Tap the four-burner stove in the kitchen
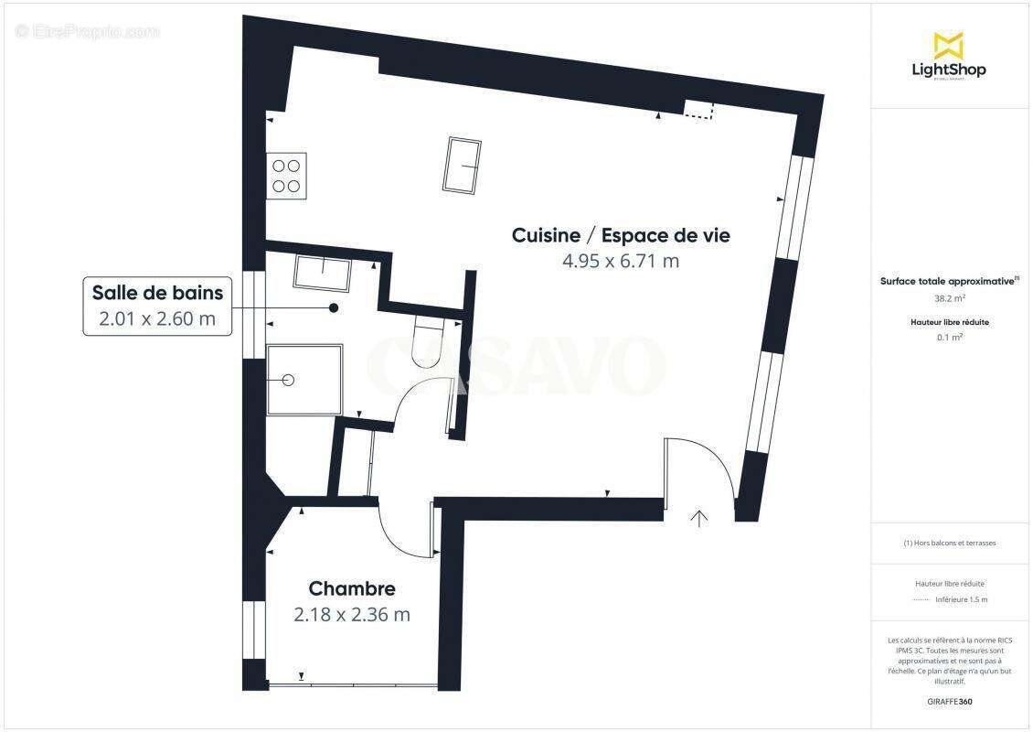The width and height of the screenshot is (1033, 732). pyautogui.click(x=286, y=176)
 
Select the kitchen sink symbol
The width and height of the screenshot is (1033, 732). pyautogui.click(x=463, y=166)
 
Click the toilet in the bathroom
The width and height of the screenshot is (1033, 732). pyautogui.click(x=427, y=340)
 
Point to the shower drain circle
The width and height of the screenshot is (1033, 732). pyautogui.click(x=289, y=380)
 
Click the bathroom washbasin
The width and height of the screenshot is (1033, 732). pyautogui.click(x=322, y=274)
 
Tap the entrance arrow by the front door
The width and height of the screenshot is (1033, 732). pyautogui.click(x=699, y=519)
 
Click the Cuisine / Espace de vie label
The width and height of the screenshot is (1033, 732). pyautogui.click(x=621, y=235)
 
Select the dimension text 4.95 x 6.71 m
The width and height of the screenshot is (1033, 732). pyautogui.click(x=621, y=261)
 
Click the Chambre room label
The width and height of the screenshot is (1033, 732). pyautogui.click(x=352, y=588)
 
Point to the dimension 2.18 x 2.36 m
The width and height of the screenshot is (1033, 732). pyautogui.click(x=352, y=615)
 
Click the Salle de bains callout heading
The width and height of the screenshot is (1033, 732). pyautogui.click(x=157, y=293)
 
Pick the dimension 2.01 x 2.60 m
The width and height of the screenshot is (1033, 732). pyautogui.click(x=157, y=318)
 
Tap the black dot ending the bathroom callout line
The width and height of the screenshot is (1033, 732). pyautogui.click(x=335, y=308)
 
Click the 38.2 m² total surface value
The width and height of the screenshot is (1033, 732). pyautogui.click(x=948, y=298)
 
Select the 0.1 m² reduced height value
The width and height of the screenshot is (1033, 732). pyautogui.click(x=949, y=337)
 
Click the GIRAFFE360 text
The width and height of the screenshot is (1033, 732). pyautogui.click(x=949, y=702)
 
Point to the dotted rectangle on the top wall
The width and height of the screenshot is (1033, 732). pyautogui.click(x=699, y=110)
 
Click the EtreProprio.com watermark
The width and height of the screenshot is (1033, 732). pyautogui.click(x=88, y=31)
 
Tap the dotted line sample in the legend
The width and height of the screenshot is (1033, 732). pyautogui.click(x=921, y=600)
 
